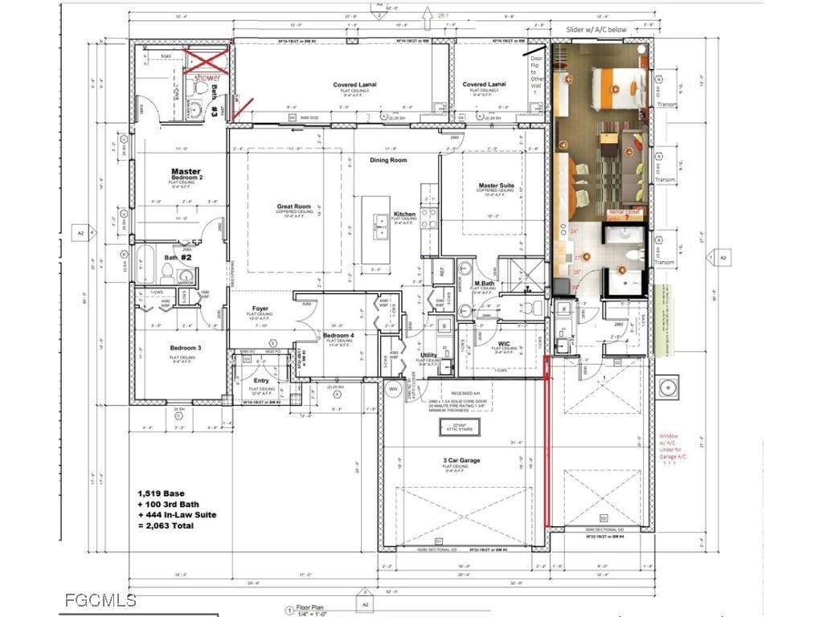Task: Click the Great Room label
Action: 293,206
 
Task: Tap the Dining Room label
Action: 389,160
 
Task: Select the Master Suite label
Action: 495,186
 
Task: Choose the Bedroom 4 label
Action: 338,335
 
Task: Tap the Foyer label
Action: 260,308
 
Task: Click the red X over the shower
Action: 206,63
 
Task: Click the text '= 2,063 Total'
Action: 177,527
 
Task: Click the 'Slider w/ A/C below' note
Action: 602,29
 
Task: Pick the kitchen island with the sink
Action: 375,232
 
